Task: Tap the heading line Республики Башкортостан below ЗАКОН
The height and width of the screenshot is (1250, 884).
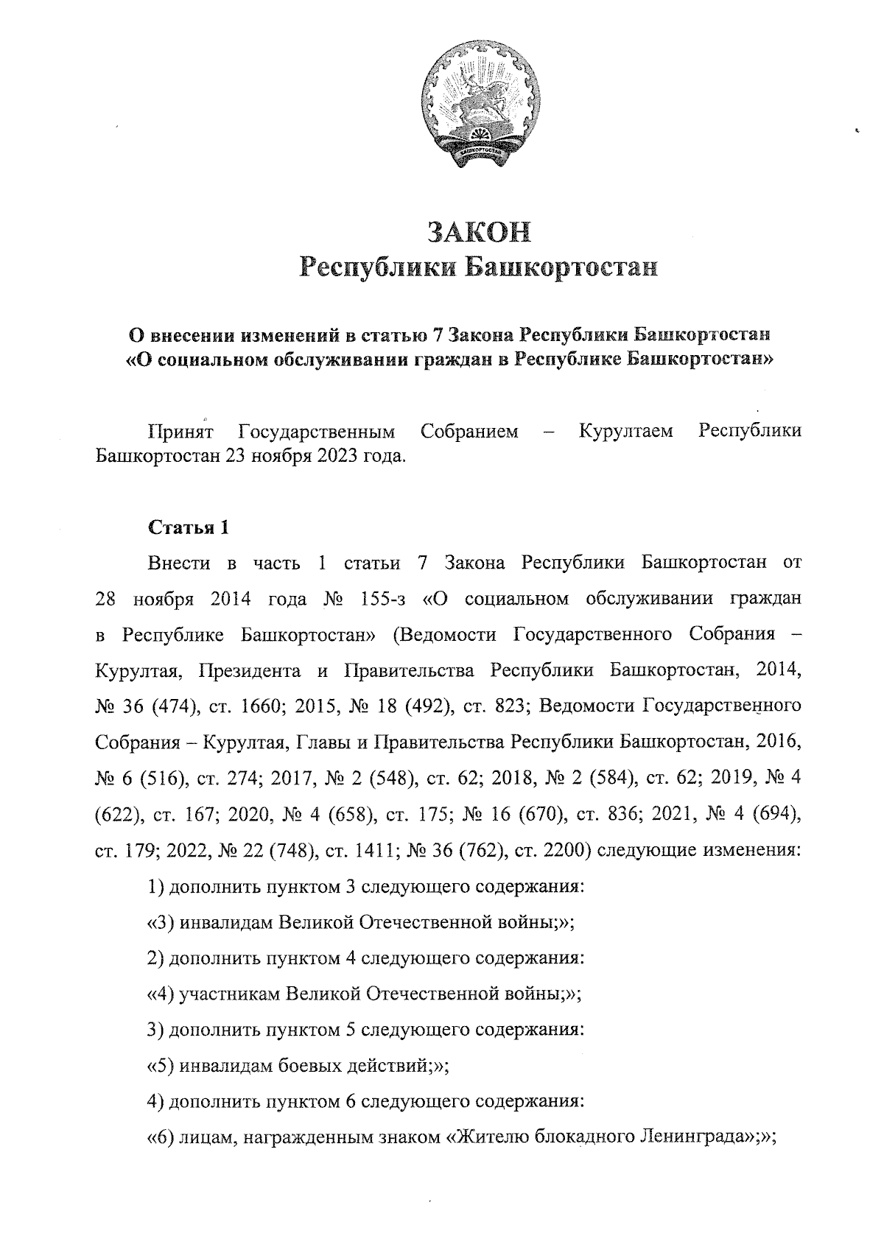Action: point(479,267)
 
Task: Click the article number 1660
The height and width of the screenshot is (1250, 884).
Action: point(257,706)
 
